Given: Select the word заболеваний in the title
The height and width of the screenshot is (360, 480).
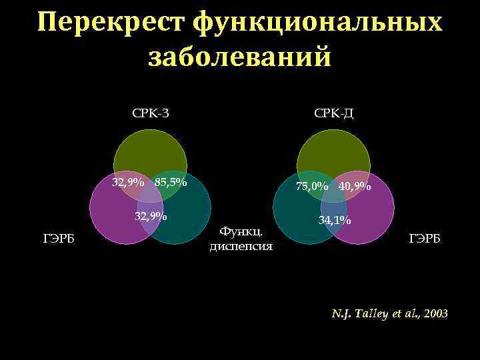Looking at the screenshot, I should (239, 56).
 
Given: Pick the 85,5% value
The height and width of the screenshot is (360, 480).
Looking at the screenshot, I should (170, 182).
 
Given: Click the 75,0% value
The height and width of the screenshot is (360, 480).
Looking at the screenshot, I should (312, 187).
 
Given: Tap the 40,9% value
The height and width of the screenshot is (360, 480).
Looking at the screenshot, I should (355, 187).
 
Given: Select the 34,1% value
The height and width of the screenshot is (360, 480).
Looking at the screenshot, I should (335, 219).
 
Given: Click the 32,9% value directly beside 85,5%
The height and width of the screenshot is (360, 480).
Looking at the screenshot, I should (128, 182).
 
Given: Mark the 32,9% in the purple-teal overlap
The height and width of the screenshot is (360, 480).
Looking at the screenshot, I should (151, 215).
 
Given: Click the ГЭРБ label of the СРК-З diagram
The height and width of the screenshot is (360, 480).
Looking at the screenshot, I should (58, 239).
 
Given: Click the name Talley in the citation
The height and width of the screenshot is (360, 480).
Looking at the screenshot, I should (369, 313).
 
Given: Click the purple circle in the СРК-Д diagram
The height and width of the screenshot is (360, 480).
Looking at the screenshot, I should (373, 213).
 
